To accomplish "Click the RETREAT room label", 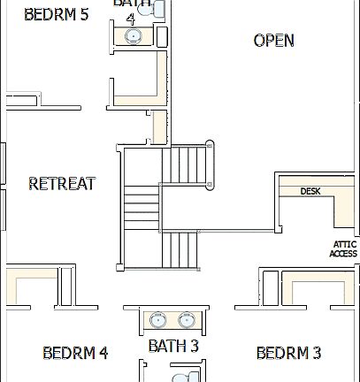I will pyautogui.click(x=62, y=184).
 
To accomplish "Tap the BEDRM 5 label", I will pyautogui.click(x=57, y=14).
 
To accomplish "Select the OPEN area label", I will pyautogui.click(x=273, y=41).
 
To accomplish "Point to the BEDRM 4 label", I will pyautogui.click(x=75, y=353).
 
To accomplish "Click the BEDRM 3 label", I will pyautogui.click(x=288, y=353).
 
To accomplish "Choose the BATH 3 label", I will pyautogui.click(x=172, y=345).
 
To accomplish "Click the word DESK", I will pyautogui.click(x=310, y=191).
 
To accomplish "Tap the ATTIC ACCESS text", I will pyautogui.click(x=344, y=249).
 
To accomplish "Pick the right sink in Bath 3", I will pyautogui.click(x=187, y=320).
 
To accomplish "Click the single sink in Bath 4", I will pyautogui.click(x=133, y=36).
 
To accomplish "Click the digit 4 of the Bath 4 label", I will pyautogui.click(x=131, y=17).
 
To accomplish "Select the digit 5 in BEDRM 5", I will pyautogui.click(x=84, y=14).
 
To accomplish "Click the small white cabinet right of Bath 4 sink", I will pyautogui.click(x=162, y=36).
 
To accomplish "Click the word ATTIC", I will pyautogui.click(x=344, y=244).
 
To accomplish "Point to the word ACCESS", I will pyautogui.click(x=344, y=255).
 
